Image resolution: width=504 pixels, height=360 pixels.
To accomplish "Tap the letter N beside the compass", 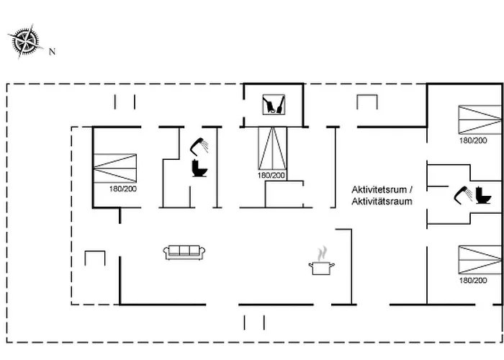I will [52, 52].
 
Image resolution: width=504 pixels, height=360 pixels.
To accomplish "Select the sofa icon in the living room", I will [185, 251].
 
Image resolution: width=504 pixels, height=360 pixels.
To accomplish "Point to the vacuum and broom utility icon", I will [273, 105].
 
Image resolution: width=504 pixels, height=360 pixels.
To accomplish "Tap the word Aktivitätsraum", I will [382, 202].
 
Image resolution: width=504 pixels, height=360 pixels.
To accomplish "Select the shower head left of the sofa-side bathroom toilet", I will [199, 145].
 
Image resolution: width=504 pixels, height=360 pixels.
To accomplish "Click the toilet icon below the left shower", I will [199, 168].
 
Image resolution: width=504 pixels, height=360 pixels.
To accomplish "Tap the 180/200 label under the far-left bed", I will [124, 189].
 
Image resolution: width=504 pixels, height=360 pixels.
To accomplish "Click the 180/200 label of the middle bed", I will [271, 176].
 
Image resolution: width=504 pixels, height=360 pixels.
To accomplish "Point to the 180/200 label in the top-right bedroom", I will [473, 140].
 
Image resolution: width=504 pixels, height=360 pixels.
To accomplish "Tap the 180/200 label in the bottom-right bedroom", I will [473, 281].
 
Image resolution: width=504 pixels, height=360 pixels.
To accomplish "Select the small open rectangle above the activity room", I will [367, 102].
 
